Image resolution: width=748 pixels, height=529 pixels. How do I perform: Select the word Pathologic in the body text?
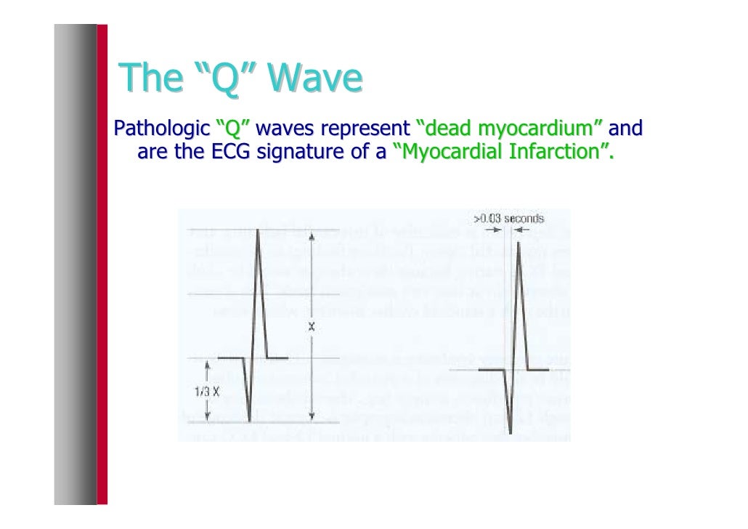tap(155, 130)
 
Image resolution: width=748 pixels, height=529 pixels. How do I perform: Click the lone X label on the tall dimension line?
tap(311, 327)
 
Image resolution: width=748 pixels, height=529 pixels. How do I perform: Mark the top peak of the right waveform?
tap(519, 243)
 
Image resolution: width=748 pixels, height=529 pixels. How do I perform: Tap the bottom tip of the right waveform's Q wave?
tap(511, 434)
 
